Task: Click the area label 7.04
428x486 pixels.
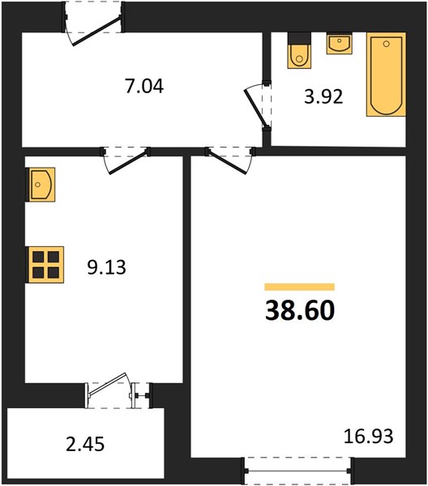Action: pyautogui.click(x=144, y=86)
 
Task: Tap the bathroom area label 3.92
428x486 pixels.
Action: pyautogui.click(x=323, y=96)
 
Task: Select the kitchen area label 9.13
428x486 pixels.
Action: pyautogui.click(x=106, y=267)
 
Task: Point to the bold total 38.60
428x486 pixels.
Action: pyautogui.click(x=300, y=311)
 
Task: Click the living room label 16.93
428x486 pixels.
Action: pyautogui.click(x=369, y=436)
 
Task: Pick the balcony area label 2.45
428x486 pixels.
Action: pyautogui.click(x=85, y=444)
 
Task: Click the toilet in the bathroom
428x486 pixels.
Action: pyautogui.click(x=299, y=50)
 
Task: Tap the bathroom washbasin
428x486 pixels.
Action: pyautogui.click(x=340, y=44)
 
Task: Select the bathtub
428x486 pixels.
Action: pyautogui.click(x=386, y=75)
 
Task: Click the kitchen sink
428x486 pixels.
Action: pyautogui.click(x=42, y=185)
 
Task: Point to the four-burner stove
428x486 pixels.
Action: pyautogui.click(x=46, y=264)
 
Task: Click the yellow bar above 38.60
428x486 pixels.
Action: pyautogui.click(x=300, y=287)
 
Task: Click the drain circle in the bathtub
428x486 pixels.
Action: pyautogui.click(x=386, y=44)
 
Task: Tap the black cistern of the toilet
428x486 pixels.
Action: pyautogui.click(x=299, y=38)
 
